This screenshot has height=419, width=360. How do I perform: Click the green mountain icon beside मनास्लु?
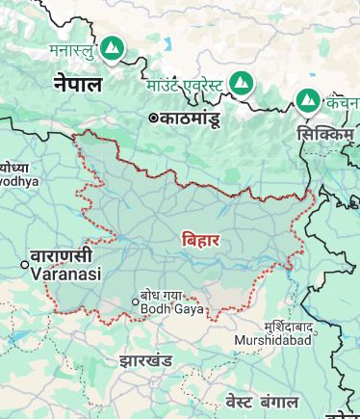click(113, 46)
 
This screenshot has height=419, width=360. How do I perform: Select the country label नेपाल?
click(78, 83)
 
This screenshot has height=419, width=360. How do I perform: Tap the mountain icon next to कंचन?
click(308, 99)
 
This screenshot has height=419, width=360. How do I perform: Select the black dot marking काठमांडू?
click(153, 118)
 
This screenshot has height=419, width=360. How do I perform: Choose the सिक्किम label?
click(324, 134)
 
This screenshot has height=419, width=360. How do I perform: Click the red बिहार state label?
click(200, 240)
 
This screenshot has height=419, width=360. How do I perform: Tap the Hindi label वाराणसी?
click(61, 256)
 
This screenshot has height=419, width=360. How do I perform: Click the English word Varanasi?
click(66, 274)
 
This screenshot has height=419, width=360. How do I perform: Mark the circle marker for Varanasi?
click(26, 264)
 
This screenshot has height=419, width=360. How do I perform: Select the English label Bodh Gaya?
click(167, 308)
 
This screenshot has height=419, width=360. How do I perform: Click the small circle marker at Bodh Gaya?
click(135, 301)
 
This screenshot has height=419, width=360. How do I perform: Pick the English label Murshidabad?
click(273, 341)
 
